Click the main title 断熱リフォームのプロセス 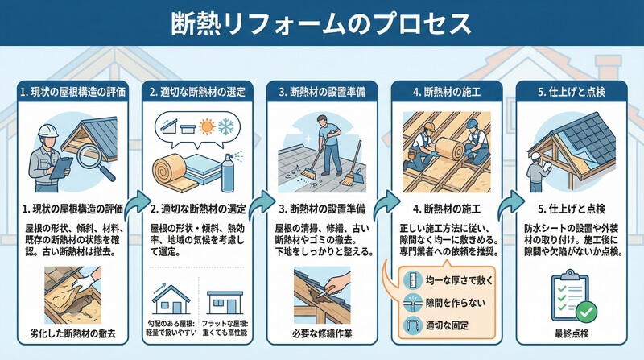pos(320,23)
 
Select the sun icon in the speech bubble pos(207,126)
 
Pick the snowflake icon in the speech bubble pos(226,126)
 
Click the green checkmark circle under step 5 pos(587,312)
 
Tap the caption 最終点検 pos(572,333)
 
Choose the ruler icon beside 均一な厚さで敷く pos(413,281)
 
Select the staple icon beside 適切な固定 pos(413,326)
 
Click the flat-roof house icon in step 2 pos(225,303)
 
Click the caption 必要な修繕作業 pos(323,333)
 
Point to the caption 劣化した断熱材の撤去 pos(72,333)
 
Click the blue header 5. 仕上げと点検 pos(572,92)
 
